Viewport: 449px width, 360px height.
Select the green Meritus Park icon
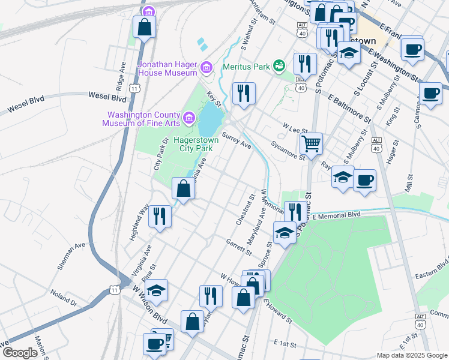pos(279,65)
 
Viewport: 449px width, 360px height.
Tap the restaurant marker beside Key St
pos(243,93)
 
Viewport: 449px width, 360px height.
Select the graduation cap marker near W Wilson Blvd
pos(156,291)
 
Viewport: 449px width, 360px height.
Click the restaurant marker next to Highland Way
pos(160,216)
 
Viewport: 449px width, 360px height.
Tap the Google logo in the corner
pos(20,352)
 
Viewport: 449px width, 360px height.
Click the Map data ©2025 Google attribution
pos(412,355)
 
